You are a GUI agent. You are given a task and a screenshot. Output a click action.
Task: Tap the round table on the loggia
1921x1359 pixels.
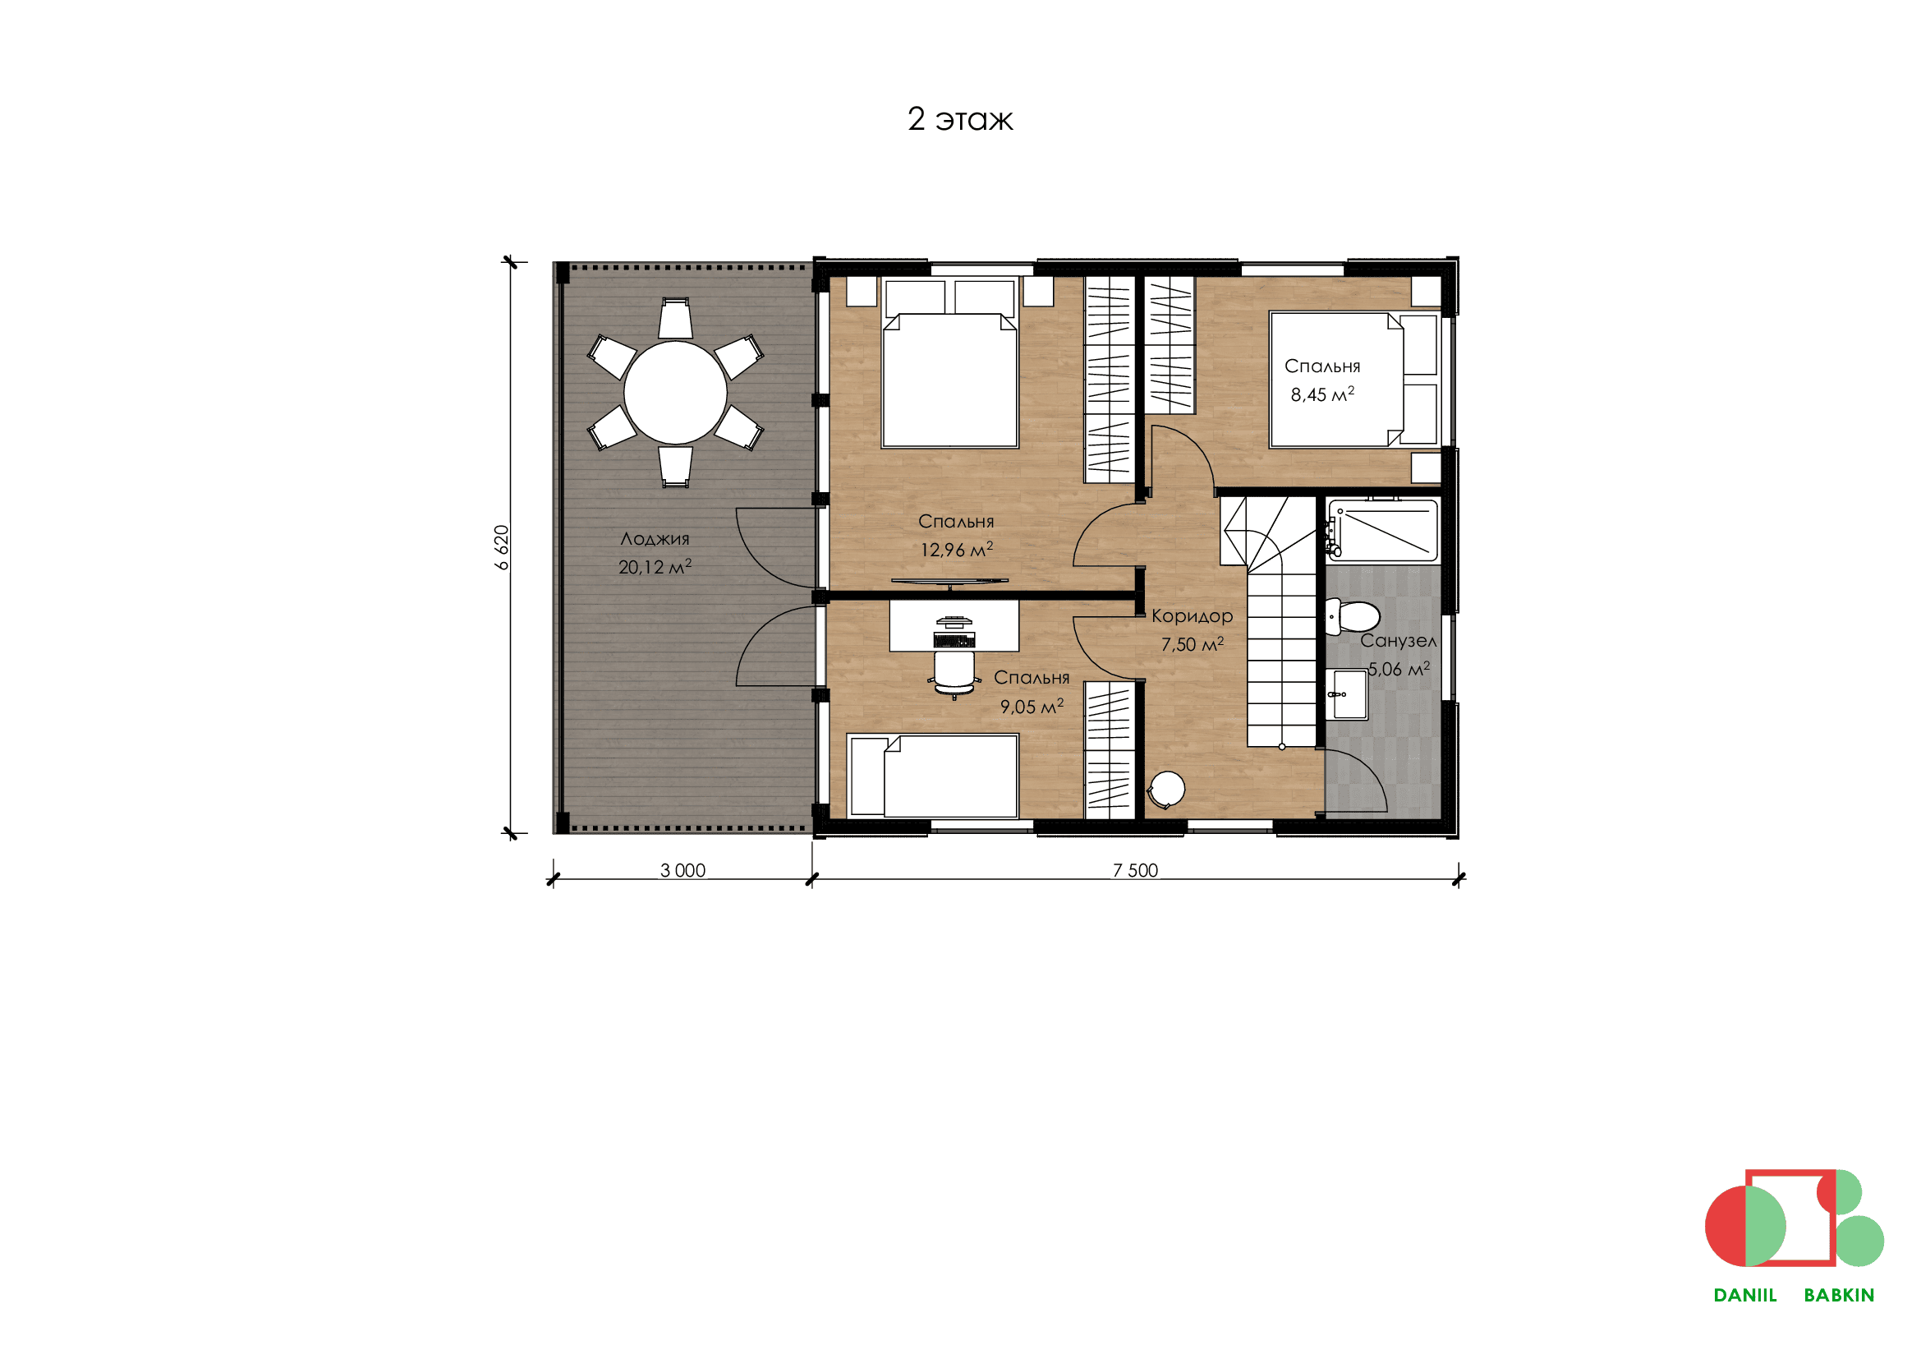(675, 393)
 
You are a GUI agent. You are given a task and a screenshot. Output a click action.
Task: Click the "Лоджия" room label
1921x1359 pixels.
(655, 539)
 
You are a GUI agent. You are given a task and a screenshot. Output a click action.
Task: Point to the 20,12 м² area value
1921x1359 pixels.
(655, 567)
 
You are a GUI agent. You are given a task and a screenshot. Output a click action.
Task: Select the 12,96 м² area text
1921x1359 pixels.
(956, 549)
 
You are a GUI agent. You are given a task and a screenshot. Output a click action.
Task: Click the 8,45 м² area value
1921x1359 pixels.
(1322, 394)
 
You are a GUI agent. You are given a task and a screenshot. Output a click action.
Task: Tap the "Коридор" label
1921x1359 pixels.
(1192, 616)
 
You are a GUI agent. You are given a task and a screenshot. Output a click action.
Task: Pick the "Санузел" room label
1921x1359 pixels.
(1398, 641)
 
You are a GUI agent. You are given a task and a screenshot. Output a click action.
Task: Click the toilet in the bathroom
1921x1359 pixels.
(1352, 618)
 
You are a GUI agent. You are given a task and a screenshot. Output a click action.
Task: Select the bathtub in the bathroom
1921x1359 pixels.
(1383, 531)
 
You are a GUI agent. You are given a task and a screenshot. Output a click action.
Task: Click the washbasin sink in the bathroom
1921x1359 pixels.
(1348, 694)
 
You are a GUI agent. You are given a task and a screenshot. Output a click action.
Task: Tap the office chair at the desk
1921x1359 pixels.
(954, 675)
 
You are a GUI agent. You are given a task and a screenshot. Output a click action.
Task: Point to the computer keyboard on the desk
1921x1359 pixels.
(954, 640)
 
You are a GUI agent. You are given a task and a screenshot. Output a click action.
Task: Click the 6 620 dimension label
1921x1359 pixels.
(502, 547)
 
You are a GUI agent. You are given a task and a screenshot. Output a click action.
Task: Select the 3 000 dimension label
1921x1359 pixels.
(682, 870)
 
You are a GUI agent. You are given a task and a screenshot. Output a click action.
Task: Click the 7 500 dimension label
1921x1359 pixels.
(1135, 870)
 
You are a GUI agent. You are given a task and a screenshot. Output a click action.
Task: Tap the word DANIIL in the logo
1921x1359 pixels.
(1745, 1296)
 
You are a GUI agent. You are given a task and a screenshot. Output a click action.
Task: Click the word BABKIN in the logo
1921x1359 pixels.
(1839, 1296)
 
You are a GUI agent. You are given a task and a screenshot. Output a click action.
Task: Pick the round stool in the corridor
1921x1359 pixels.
(1165, 790)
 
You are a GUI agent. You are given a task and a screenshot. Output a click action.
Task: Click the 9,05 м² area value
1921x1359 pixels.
(1032, 706)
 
